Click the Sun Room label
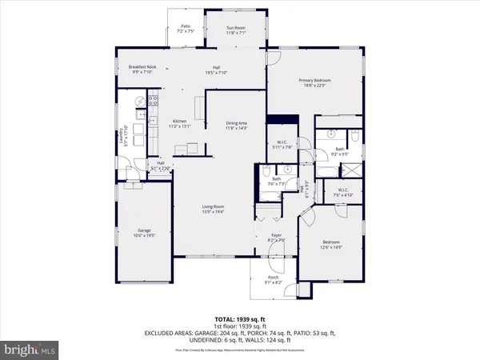click(x=235, y=30)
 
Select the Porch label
click(x=274, y=281)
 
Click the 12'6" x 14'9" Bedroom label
click(x=331, y=243)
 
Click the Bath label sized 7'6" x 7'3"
click(x=275, y=182)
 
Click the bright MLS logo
click(x=31, y=350)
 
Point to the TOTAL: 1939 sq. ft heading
click(x=240, y=320)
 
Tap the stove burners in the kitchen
click(x=151, y=102)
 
